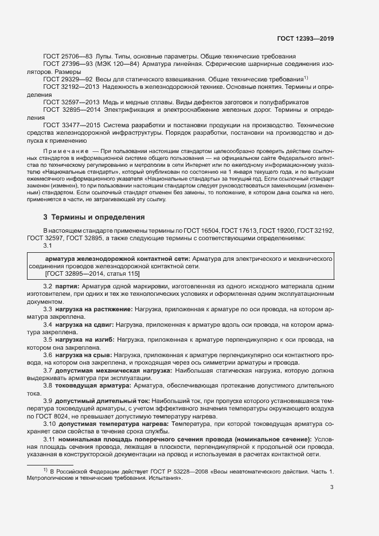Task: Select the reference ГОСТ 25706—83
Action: (64, 57)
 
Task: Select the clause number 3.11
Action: (49, 439)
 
